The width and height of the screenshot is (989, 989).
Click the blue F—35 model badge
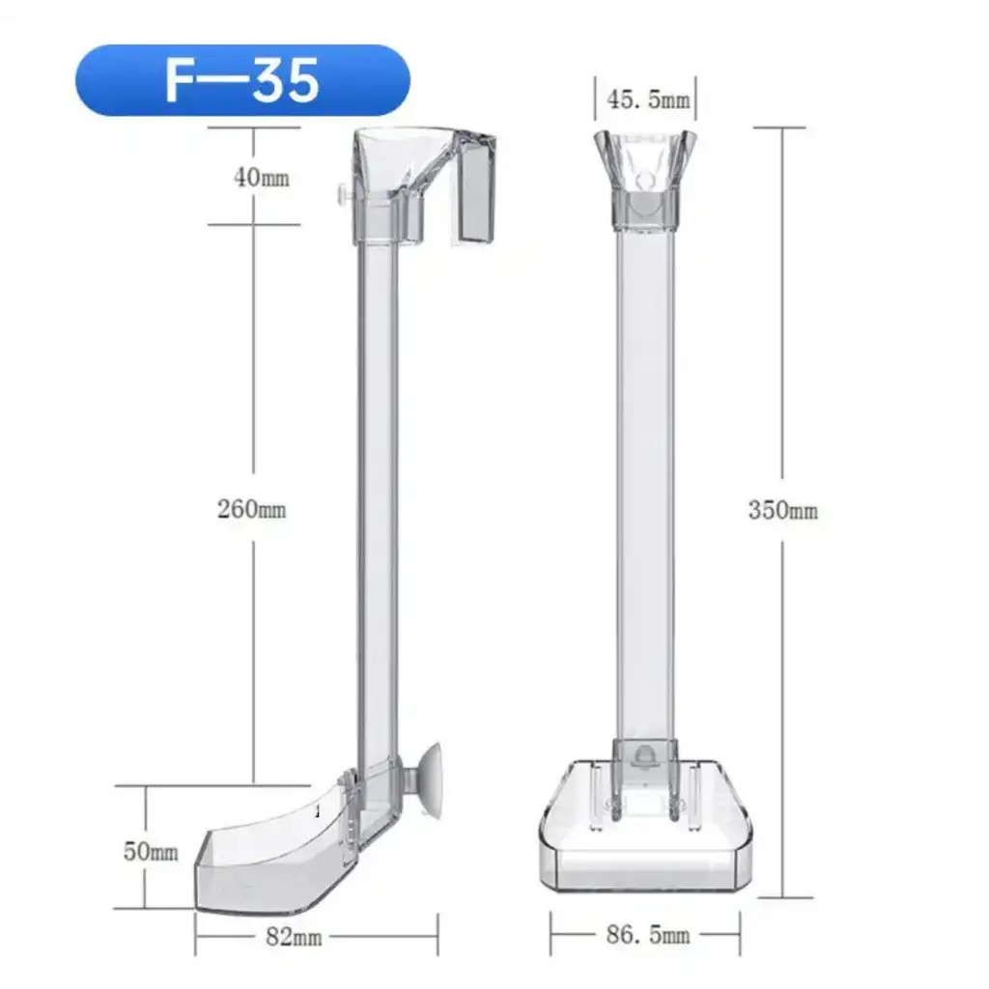click(x=242, y=80)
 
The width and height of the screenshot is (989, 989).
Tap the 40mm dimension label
click(x=262, y=178)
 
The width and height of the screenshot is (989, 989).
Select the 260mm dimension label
click(x=252, y=508)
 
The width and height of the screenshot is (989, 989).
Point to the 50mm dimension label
click(x=151, y=852)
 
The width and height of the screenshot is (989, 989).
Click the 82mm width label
click(x=294, y=937)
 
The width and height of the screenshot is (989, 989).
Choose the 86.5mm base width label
click(x=648, y=934)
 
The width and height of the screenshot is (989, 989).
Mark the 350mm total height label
click(x=782, y=510)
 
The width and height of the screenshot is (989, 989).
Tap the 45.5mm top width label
click(x=648, y=99)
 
